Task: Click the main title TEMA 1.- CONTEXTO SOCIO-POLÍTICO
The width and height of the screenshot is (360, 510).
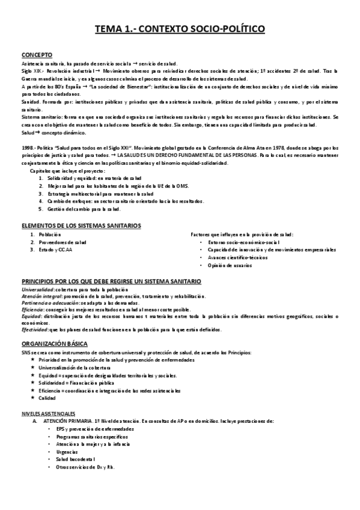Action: [x=180, y=28]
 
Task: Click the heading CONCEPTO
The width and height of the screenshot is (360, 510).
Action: [x=37, y=54]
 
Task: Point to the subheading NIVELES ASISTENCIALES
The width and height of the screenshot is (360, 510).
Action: [x=49, y=414]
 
